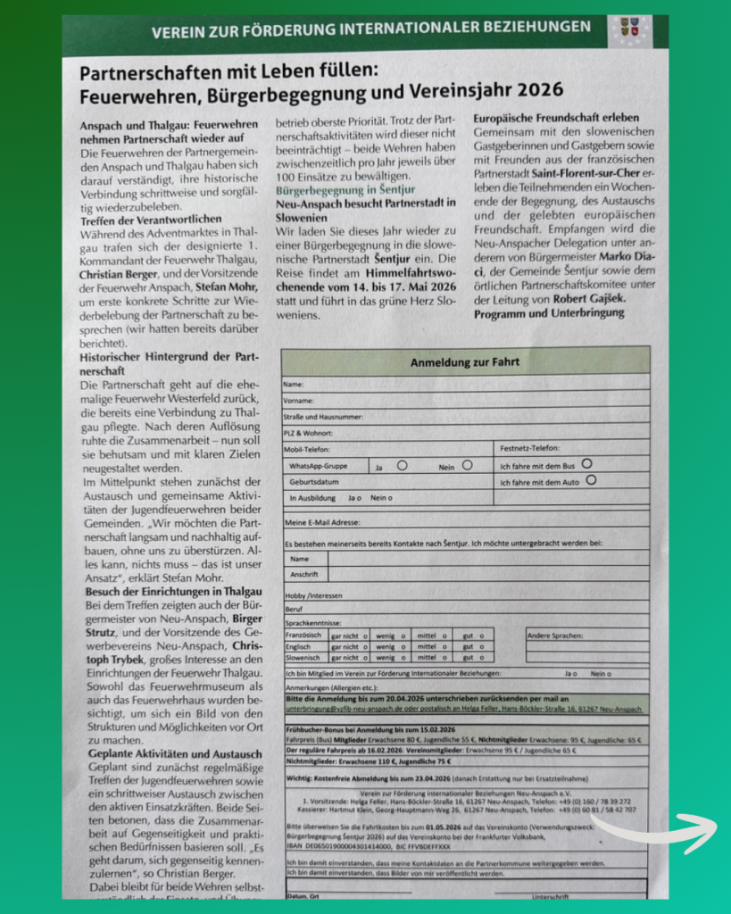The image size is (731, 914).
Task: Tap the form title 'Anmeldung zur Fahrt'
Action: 464,362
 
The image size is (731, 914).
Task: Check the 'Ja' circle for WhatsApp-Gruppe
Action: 403,465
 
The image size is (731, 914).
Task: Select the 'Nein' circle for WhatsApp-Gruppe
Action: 467,465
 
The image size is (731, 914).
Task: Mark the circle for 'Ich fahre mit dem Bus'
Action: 586,463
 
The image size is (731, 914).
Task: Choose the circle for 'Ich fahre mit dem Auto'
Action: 591,480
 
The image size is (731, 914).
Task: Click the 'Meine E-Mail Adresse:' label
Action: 322,522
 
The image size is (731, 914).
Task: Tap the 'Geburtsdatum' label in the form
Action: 314,482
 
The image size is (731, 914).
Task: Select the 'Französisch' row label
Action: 304,635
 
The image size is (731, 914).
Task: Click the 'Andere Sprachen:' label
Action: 555,635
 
